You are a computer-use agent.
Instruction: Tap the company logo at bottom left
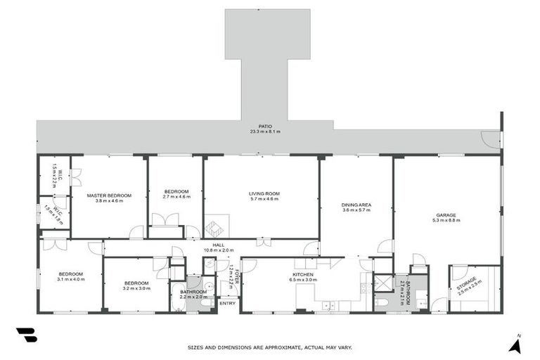coord(27,335)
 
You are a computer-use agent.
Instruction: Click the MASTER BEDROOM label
coord(109,195)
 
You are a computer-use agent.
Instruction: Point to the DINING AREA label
coord(356,205)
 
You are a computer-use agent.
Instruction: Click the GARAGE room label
coord(446,215)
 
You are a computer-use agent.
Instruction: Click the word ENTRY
coord(228,303)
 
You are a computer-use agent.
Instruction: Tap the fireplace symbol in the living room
coord(214,227)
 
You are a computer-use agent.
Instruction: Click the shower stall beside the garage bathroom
coord(382,283)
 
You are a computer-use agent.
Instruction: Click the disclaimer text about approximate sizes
coord(270,347)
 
